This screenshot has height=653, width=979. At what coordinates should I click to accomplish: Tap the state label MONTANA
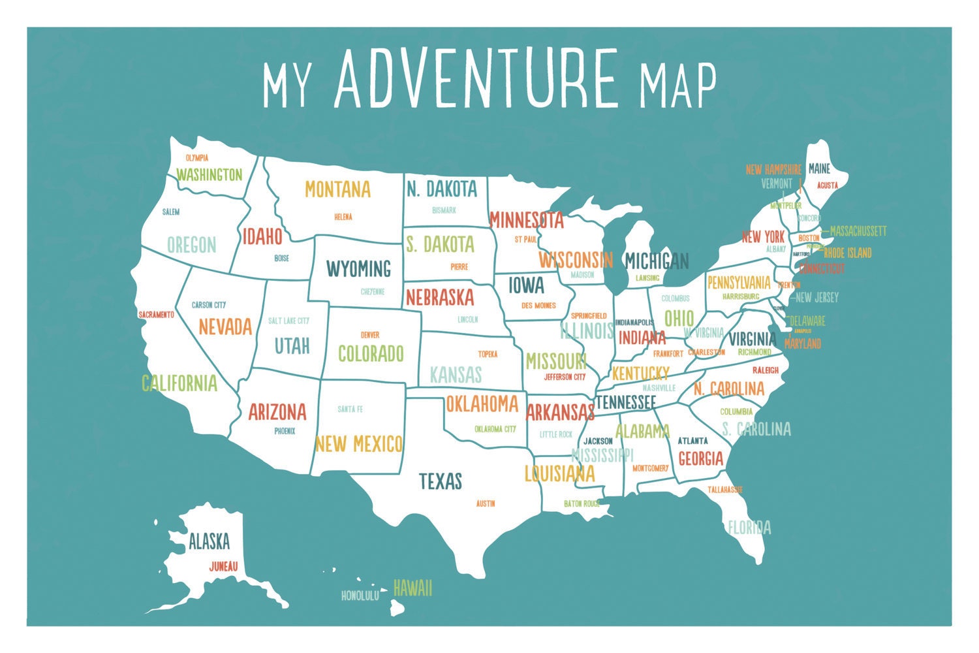pyautogui.click(x=337, y=189)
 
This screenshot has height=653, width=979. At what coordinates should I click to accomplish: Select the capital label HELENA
pyautogui.click(x=343, y=217)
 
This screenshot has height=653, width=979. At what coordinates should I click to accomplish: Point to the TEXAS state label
pyautogui.click(x=441, y=482)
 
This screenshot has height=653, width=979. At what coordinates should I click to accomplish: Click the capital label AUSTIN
pyautogui.click(x=486, y=503)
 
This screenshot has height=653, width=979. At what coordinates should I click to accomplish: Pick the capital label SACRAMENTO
pyautogui.click(x=157, y=315)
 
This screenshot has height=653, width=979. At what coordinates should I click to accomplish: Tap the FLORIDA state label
pyautogui.click(x=749, y=527)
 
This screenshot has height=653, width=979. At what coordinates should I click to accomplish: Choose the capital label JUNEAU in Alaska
pyautogui.click(x=223, y=567)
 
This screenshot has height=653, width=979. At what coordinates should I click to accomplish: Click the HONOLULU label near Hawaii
pyautogui.click(x=360, y=596)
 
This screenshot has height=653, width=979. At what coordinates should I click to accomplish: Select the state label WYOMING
pyautogui.click(x=358, y=268)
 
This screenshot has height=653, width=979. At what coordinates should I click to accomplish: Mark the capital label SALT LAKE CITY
pyautogui.click(x=288, y=321)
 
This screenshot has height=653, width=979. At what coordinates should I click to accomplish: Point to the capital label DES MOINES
pyautogui.click(x=538, y=306)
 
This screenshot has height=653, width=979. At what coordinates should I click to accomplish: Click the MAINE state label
pyautogui.click(x=819, y=168)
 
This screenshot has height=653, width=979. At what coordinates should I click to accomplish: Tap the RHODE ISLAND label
pyautogui.click(x=847, y=253)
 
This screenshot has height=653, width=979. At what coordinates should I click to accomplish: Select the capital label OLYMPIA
pyautogui.click(x=196, y=158)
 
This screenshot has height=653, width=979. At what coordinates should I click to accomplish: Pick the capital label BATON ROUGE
pyautogui.click(x=582, y=503)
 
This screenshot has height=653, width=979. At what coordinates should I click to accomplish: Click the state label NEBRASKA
pyautogui.click(x=440, y=298)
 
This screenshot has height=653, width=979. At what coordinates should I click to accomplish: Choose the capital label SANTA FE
pyautogui.click(x=350, y=409)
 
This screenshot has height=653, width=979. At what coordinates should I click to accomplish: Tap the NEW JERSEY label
pyautogui.click(x=817, y=298)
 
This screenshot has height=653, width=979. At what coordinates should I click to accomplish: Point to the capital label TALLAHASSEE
pyautogui.click(x=725, y=489)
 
